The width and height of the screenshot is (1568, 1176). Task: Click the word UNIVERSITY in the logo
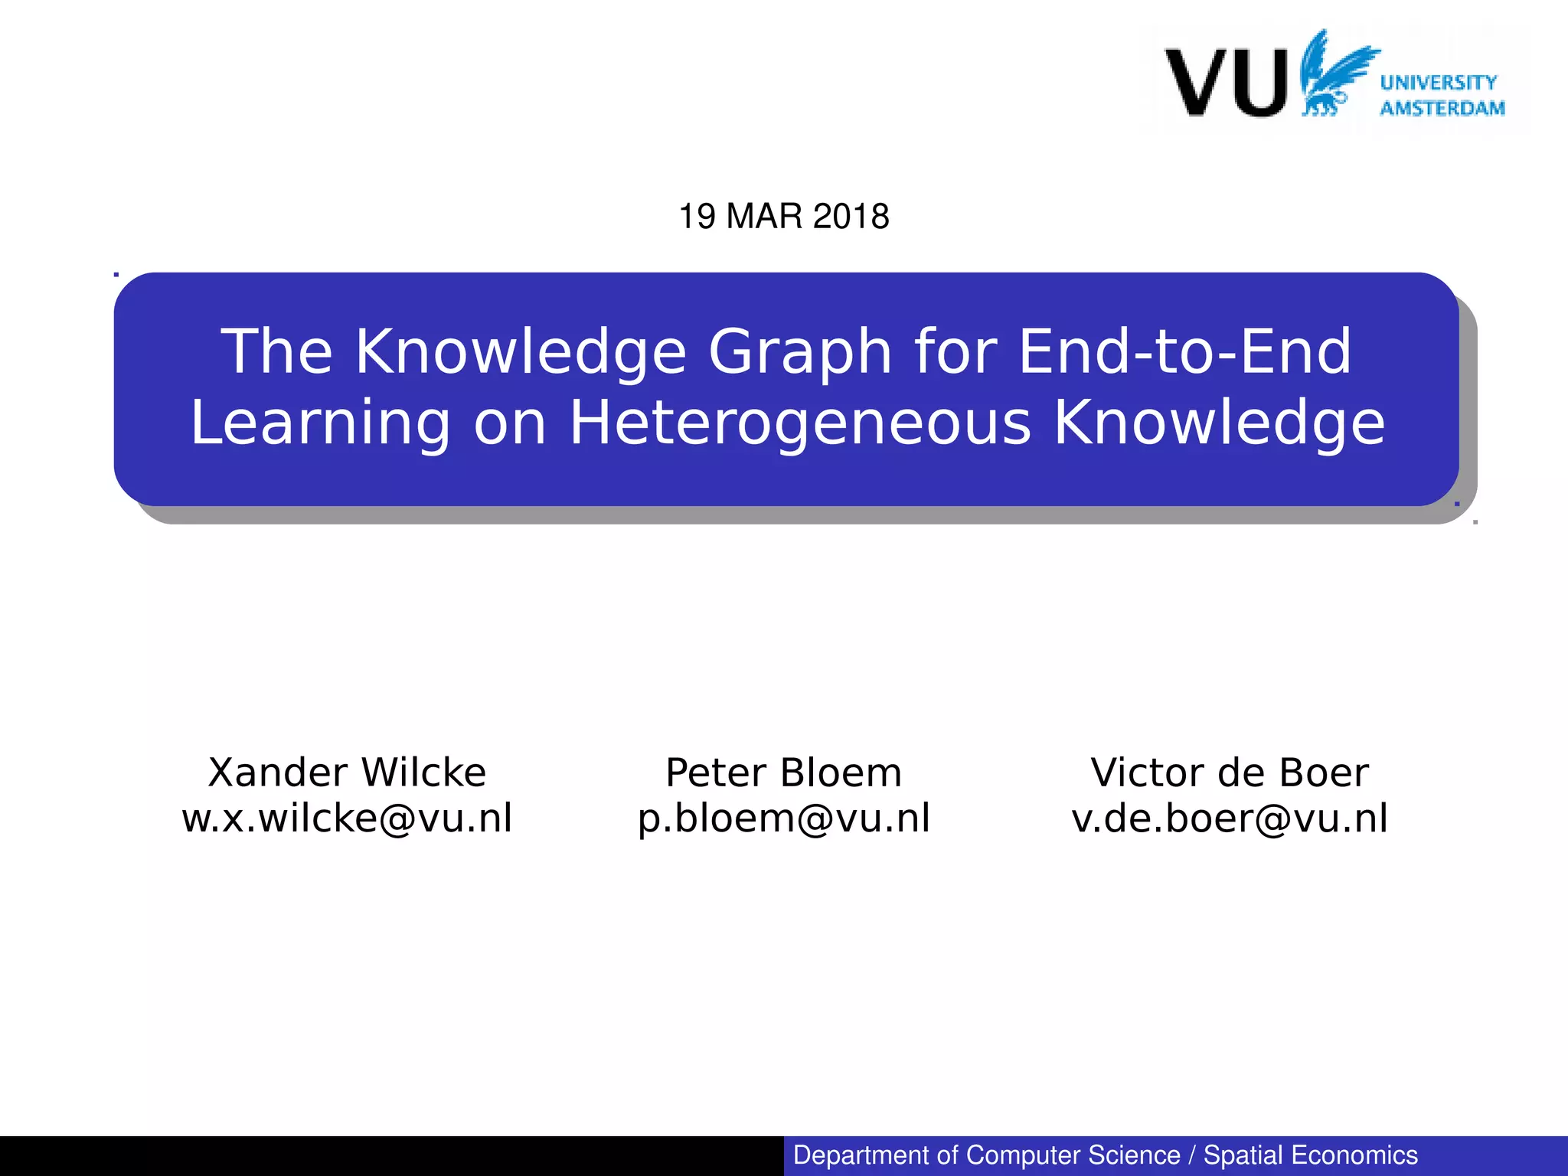[1438, 82]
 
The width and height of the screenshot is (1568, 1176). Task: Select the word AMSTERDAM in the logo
[1442, 108]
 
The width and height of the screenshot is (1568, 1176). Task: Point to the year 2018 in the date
[851, 217]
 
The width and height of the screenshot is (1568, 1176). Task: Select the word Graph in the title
[800, 351]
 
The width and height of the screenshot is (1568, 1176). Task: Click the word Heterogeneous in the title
[800, 423]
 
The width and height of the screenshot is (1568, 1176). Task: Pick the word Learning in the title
[320, 423]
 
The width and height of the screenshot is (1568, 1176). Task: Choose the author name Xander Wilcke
[347, 772]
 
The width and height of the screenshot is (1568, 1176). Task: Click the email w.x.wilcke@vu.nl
[347, 818]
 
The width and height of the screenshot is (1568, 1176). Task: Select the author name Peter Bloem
[783, 772]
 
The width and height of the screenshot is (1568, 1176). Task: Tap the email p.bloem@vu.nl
[783, 818]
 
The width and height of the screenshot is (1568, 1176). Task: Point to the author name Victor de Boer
[1229, 772]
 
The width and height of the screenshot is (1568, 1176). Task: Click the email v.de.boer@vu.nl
[1229, 818]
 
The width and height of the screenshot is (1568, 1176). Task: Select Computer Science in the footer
[1073, 1155]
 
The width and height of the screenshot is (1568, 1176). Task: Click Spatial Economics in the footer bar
[1310, 1155]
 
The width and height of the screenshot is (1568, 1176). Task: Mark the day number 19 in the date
[697, 217]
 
